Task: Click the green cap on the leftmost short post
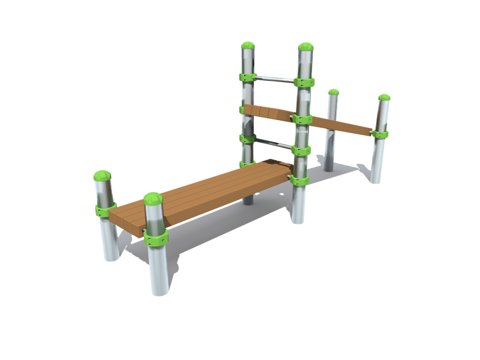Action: [102, 176]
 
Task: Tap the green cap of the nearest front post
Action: [153, 200]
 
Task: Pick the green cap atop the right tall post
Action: [305, 48]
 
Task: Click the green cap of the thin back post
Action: [334, 93]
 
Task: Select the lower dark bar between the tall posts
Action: [276, 142]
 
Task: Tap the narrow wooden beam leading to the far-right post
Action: [342, 125]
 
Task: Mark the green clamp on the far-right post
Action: [379, 134]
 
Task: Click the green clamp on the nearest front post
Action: [155, 237]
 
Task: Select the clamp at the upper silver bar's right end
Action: [305, 82]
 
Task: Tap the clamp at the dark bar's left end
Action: [247, 139]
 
